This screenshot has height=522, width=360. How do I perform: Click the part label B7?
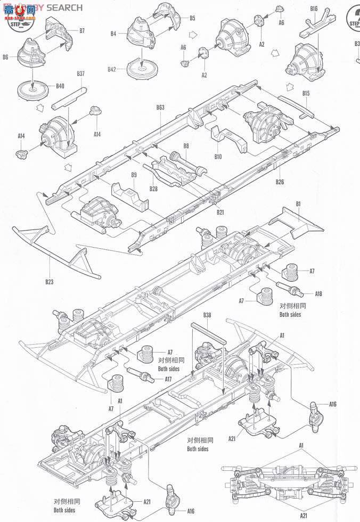[x=82, y=31]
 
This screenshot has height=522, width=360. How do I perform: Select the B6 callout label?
[x=6, y=56]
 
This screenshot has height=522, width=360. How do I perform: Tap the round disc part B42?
[x=141, y=68]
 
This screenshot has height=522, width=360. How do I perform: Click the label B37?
[x=80, y=74]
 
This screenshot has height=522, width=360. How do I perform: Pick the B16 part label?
[x=313, y=9]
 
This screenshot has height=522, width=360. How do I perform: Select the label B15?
[x=306, y=94]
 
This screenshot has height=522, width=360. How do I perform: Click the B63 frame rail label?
[x=160, y=108]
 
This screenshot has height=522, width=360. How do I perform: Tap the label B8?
[x=186, y=145]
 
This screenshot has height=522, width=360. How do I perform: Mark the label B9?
[x=134, y=175]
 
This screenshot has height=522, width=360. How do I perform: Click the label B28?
[x=153, y=189]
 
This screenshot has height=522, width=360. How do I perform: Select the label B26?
[x=280, y=182]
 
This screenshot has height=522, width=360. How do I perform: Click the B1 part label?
[x=298, y=204]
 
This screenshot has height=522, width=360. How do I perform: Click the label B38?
[x=207, y=315]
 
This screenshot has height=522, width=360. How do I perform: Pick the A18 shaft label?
[x=318, y=293]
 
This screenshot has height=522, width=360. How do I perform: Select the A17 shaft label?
[x=168, y=379]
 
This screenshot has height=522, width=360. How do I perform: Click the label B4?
[x=113, y=34]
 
